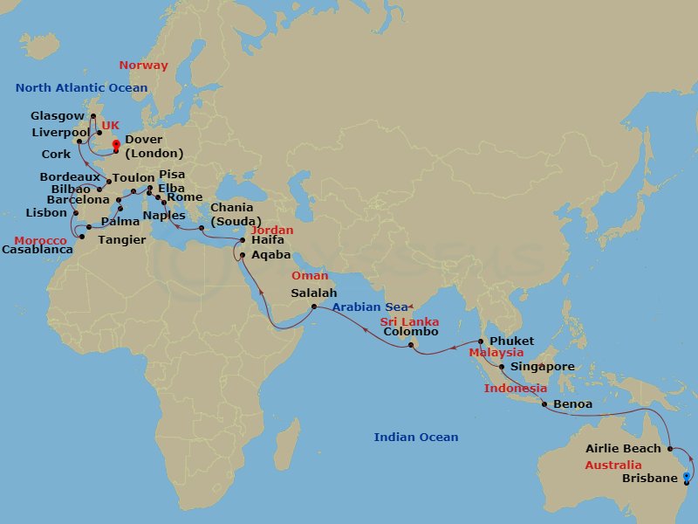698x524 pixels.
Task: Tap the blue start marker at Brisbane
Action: point(687,477)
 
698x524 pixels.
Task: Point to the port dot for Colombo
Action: point(411,347)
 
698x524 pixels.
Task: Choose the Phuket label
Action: point(510,341)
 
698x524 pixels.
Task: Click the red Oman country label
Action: point(310,276)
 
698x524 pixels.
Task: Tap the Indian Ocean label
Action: point(416,437)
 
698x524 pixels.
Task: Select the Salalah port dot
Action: point(314,307)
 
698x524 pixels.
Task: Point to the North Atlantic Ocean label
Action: point(81,88)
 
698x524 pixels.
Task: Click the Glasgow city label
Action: point(58,115)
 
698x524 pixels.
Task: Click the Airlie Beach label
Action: point(624,449)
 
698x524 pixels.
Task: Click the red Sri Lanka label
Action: point(409,322)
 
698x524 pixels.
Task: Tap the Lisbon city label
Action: point(46,212)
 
